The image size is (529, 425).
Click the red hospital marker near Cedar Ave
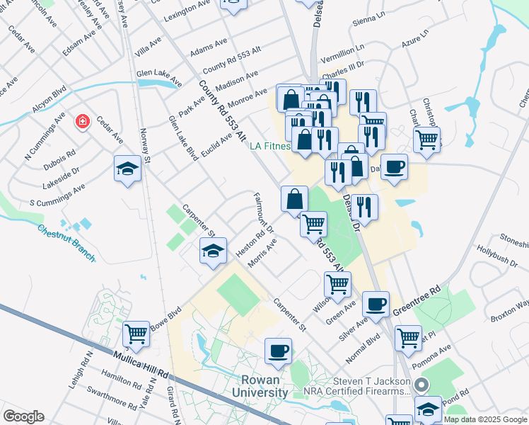[83, 122]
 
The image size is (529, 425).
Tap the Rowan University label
[260, 386]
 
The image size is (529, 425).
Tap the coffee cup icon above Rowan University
[278, 350]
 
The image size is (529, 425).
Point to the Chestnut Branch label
[66, 242]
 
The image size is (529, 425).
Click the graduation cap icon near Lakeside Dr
[127, 169]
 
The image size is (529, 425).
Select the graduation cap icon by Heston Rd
[212, 251]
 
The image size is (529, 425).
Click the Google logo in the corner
[23, 416]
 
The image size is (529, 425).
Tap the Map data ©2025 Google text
[485, 419]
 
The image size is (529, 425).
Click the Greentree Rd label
[417, 300]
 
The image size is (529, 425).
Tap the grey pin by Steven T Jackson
[422, 386]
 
